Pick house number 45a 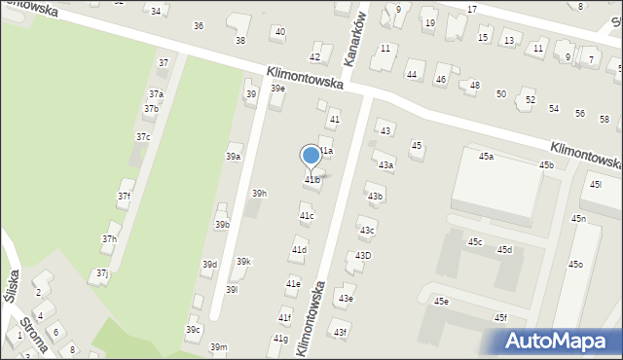pyautogui.click(x=485, y=156)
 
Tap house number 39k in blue pyautogui.click(x=243, y=261)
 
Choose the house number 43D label pyautogui.click(x=362, y=255)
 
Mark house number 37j pyautogui.click(x=102, y=274)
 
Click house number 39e pyautogui.click(x=277, y=89)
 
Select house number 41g pyautogui.click(x=280, y=338)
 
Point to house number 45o pyautogui.click(x=575, y=264)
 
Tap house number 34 pyautogui.click(x=155, y=10)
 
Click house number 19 pyautogui.click(x=429, y=22)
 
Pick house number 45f pyautogui.click(x=499, y=317)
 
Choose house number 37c pyautogui.click(x=143, y=137)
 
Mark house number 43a pyautogui.click(x=385, y=164)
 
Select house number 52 pyautogui.click(x=530, y=100)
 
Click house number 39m pyautogui.click(x=219, y=347)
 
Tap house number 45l pyautogui.click(x=595, y=184)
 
